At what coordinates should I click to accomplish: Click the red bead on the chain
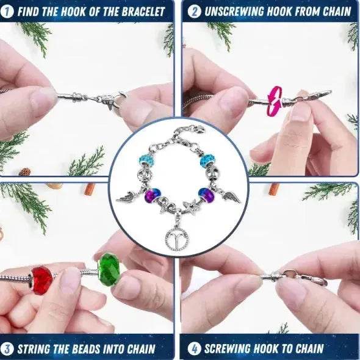(42, 279)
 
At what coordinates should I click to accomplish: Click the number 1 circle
(10, 11)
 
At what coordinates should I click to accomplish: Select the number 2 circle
(194, 11)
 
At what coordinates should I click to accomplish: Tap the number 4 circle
(194, 350)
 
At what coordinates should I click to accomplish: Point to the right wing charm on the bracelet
(232, 196)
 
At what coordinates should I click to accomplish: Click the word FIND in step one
(32, 11)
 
